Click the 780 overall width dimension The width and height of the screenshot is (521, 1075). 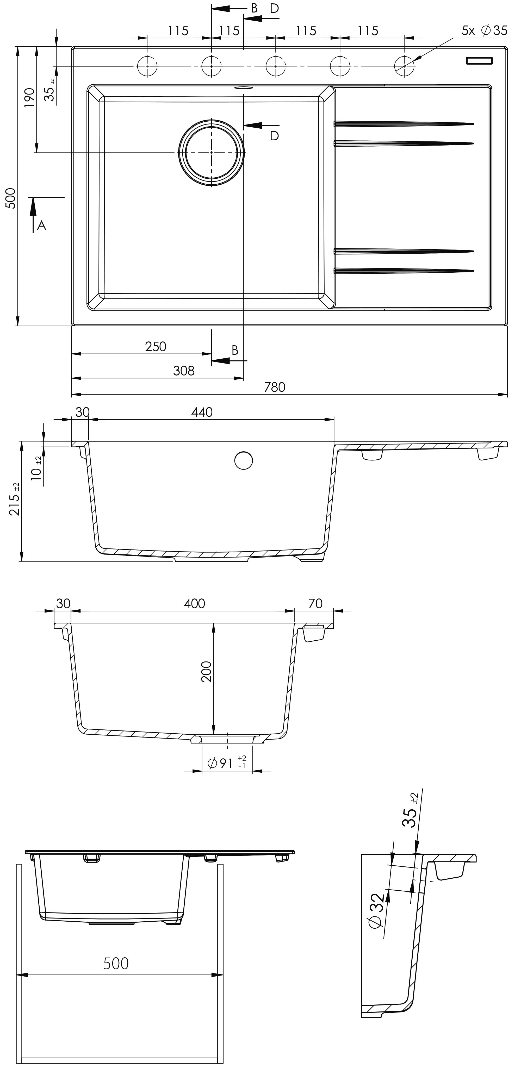point(275,387)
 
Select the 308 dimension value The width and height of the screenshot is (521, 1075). point(184,371)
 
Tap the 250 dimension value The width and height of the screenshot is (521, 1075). point(156,346)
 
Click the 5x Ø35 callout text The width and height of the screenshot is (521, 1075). point(484,30)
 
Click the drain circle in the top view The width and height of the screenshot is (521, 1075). point(212,153)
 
